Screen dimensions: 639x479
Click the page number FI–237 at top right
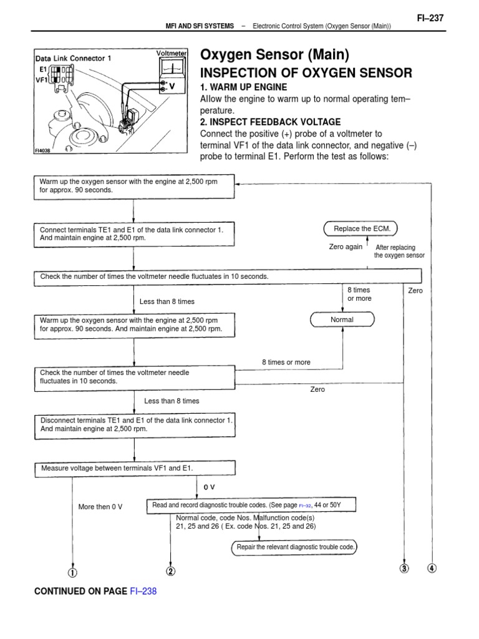430,18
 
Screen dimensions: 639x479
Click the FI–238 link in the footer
143,591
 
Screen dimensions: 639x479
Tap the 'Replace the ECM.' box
362,229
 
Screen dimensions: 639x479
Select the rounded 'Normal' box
342,320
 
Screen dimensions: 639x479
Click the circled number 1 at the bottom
73,571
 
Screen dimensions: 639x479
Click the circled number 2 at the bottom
171,571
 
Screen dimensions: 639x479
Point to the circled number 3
405,568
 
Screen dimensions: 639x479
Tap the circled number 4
432,568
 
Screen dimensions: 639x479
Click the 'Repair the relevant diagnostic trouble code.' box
296,547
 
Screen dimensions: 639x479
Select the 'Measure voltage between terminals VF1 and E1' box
133,469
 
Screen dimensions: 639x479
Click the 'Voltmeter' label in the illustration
172,54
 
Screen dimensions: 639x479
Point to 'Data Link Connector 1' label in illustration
72,59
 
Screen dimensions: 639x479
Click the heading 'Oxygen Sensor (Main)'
274,55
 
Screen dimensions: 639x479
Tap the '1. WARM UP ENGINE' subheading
243,87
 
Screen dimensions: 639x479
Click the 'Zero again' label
345,246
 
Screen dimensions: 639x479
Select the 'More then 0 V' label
100,507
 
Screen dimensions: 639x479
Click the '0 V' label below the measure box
210,486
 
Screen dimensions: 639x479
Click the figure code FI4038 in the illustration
42,150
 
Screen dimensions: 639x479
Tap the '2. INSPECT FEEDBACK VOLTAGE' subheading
270,122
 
